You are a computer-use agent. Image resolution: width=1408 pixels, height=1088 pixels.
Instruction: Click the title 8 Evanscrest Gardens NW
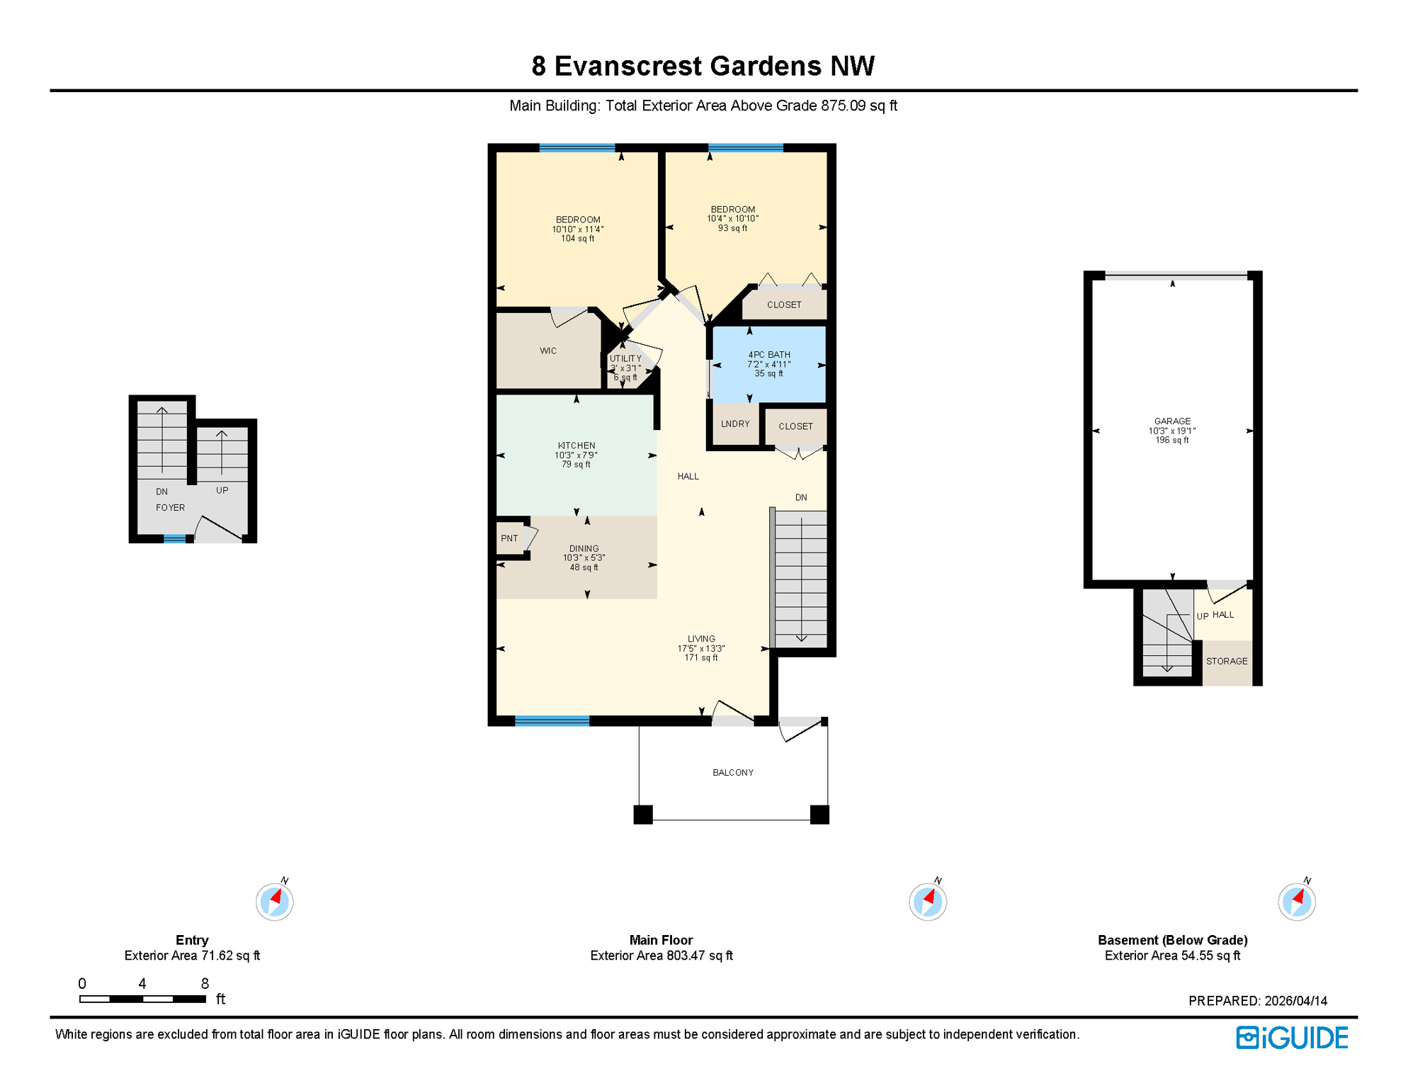703,66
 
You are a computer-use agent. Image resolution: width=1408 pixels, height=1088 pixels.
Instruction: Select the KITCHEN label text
576,446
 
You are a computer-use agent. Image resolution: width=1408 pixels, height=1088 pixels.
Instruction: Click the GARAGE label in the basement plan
1172,421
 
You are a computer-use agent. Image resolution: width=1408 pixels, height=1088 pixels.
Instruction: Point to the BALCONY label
732,772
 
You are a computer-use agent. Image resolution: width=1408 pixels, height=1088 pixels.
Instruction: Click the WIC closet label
547,351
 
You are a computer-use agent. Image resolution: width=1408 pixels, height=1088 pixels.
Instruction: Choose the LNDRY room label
734,424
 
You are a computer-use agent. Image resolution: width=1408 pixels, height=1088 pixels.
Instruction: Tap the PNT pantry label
509,538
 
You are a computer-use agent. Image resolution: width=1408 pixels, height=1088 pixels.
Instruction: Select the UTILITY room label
625,359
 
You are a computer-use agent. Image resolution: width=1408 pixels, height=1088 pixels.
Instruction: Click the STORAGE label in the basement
1226,661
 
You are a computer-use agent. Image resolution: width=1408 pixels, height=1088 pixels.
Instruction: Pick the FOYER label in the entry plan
170,508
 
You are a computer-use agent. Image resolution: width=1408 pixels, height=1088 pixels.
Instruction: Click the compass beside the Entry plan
274,901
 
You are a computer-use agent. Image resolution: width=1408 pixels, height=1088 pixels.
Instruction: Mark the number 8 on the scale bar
205,983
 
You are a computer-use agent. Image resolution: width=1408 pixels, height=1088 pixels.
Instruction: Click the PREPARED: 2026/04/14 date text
1257,1001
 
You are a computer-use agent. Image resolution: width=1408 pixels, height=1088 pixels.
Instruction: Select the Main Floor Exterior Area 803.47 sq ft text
661,956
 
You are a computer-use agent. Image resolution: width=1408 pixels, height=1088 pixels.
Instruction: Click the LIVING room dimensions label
700,647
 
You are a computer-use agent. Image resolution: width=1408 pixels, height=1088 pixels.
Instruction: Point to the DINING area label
584,548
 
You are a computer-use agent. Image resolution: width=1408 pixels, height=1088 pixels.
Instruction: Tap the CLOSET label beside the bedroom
783,305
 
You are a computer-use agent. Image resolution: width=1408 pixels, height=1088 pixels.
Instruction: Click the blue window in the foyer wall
174,539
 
